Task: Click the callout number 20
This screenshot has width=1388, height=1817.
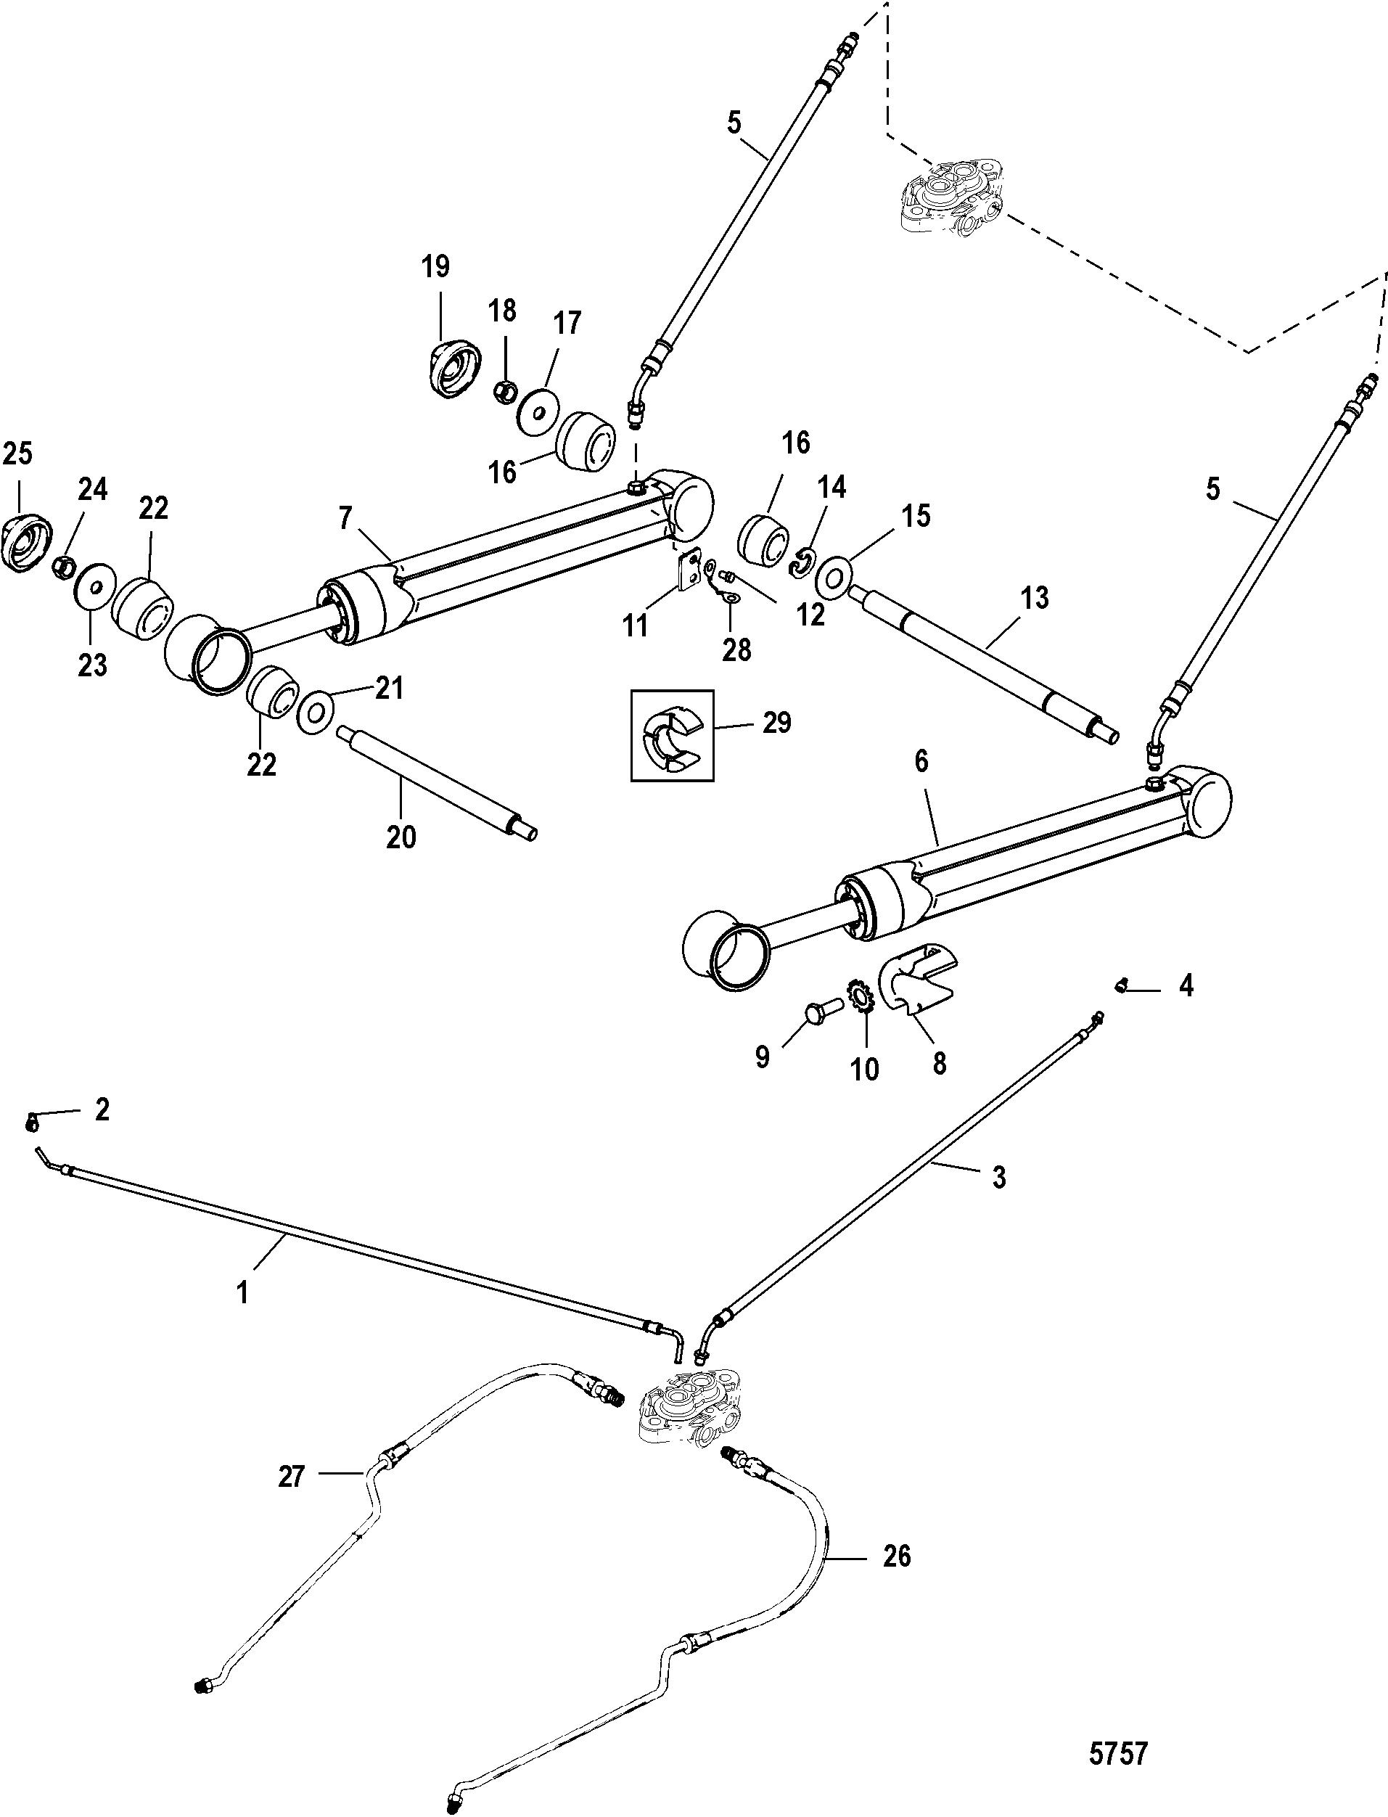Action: (401, 837)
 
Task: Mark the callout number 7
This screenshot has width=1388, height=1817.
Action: (345, 518)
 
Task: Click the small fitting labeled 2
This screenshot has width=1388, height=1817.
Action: (30, 1121)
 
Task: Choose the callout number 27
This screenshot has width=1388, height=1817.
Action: (292, 1476)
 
